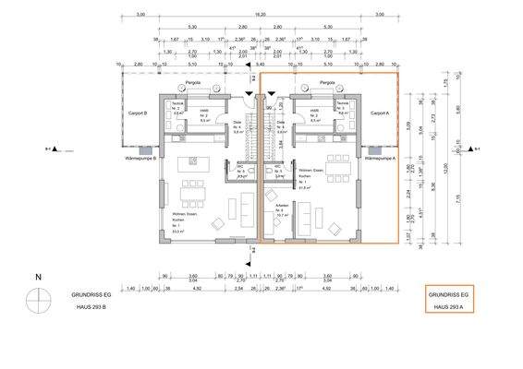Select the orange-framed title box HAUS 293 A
(x=450, y=298)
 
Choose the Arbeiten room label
(x=273, y=208)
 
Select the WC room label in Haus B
(x=240, y=170)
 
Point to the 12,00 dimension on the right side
(x=444, y=168)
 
